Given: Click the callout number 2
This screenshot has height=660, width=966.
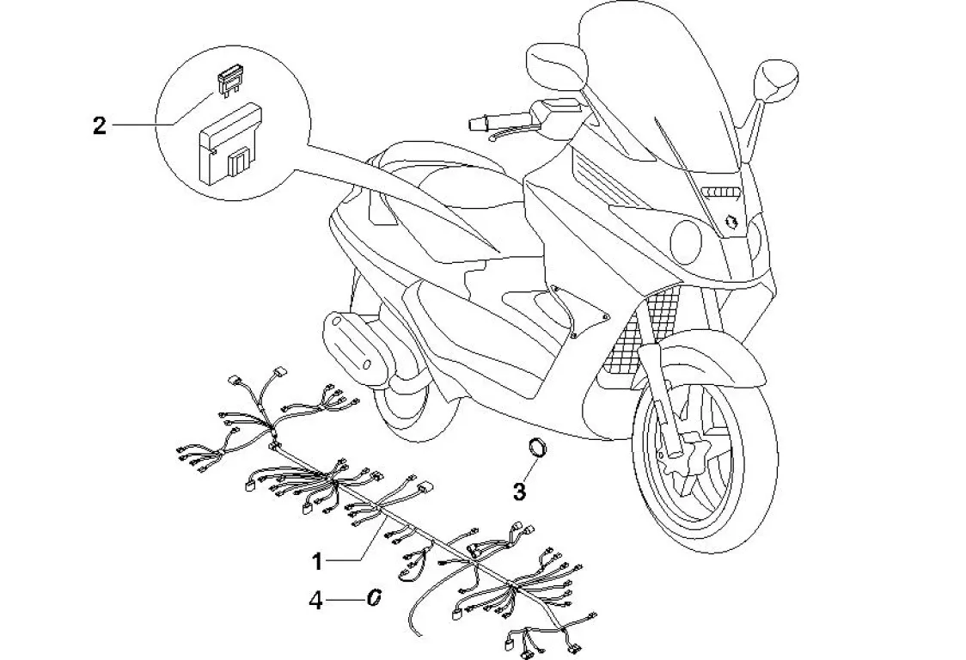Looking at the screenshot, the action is (99, 126).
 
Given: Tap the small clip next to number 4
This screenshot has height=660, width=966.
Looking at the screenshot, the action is (374, 598).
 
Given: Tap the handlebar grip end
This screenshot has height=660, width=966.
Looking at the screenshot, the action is (474, 125).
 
